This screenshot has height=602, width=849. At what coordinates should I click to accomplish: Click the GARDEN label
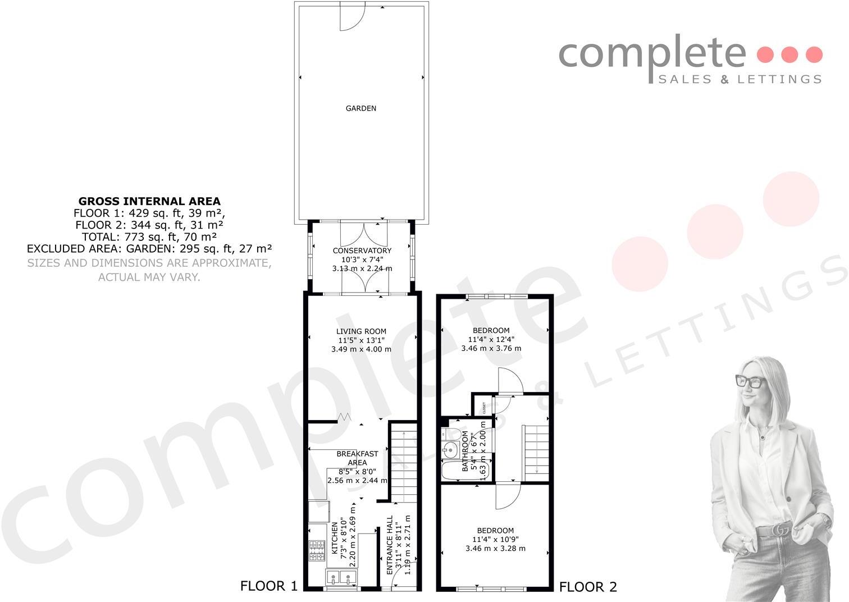click(x=360, y=108)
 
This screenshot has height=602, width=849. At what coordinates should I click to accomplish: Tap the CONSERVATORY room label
click(x=362, y=250)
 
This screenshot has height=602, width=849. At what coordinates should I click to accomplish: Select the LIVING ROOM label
click(x=361, y=331)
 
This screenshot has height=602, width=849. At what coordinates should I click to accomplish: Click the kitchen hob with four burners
click(x=317, y=550)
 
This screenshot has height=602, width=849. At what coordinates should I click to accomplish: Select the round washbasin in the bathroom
click(x=450, y=449)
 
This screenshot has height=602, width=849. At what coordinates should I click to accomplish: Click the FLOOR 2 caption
click(x=588, y=587)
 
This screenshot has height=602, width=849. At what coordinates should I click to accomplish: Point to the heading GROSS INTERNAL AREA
click(x=149, y=201)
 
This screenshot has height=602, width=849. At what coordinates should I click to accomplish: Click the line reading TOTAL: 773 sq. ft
click(x=149, y=237)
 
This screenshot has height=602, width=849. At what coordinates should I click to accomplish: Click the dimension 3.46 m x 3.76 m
click(x=491, y=348)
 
